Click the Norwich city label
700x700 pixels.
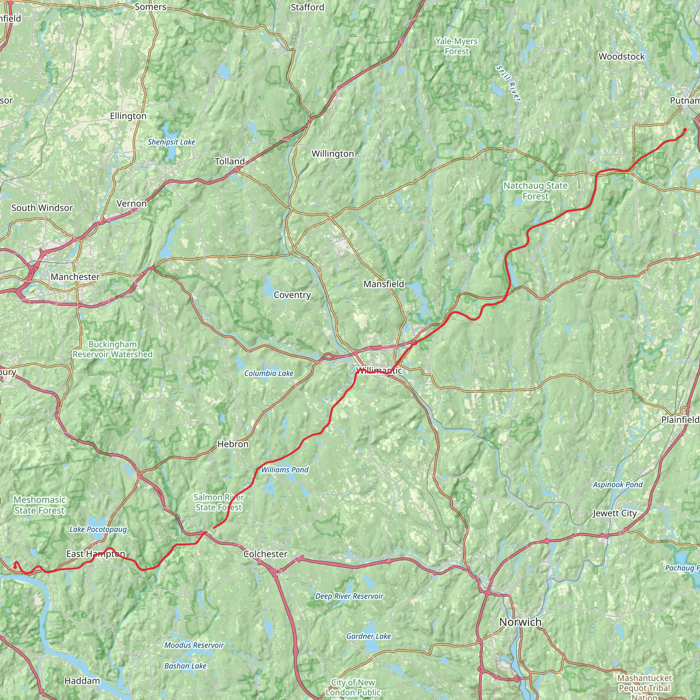click(x=520, y=622)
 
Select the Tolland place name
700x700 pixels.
click(x=230, y=161)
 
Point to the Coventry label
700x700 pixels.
click(x=292, y=295)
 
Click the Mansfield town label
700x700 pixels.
click(x=383, y=284)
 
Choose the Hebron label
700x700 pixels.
click(x=233, y=444)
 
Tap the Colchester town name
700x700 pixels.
click(x=265, y=554)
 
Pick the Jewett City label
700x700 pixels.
click(x=615, y=513)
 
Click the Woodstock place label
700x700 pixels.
click(x=621, y=56)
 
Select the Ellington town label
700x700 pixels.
click(x=128, y=116)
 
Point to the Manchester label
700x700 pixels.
click(x=75, y=277)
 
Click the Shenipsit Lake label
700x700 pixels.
click(x=171, y=142)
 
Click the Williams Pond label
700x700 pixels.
click(x=285, y=470)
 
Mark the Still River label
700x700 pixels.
click(x=509, y=83)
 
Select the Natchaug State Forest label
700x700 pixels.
click(x=535, y=191)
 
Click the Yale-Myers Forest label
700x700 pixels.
click(x=457, y=46)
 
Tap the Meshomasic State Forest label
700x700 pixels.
click(x=40, y=505)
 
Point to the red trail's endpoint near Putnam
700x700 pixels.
click(x=685, y=129)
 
